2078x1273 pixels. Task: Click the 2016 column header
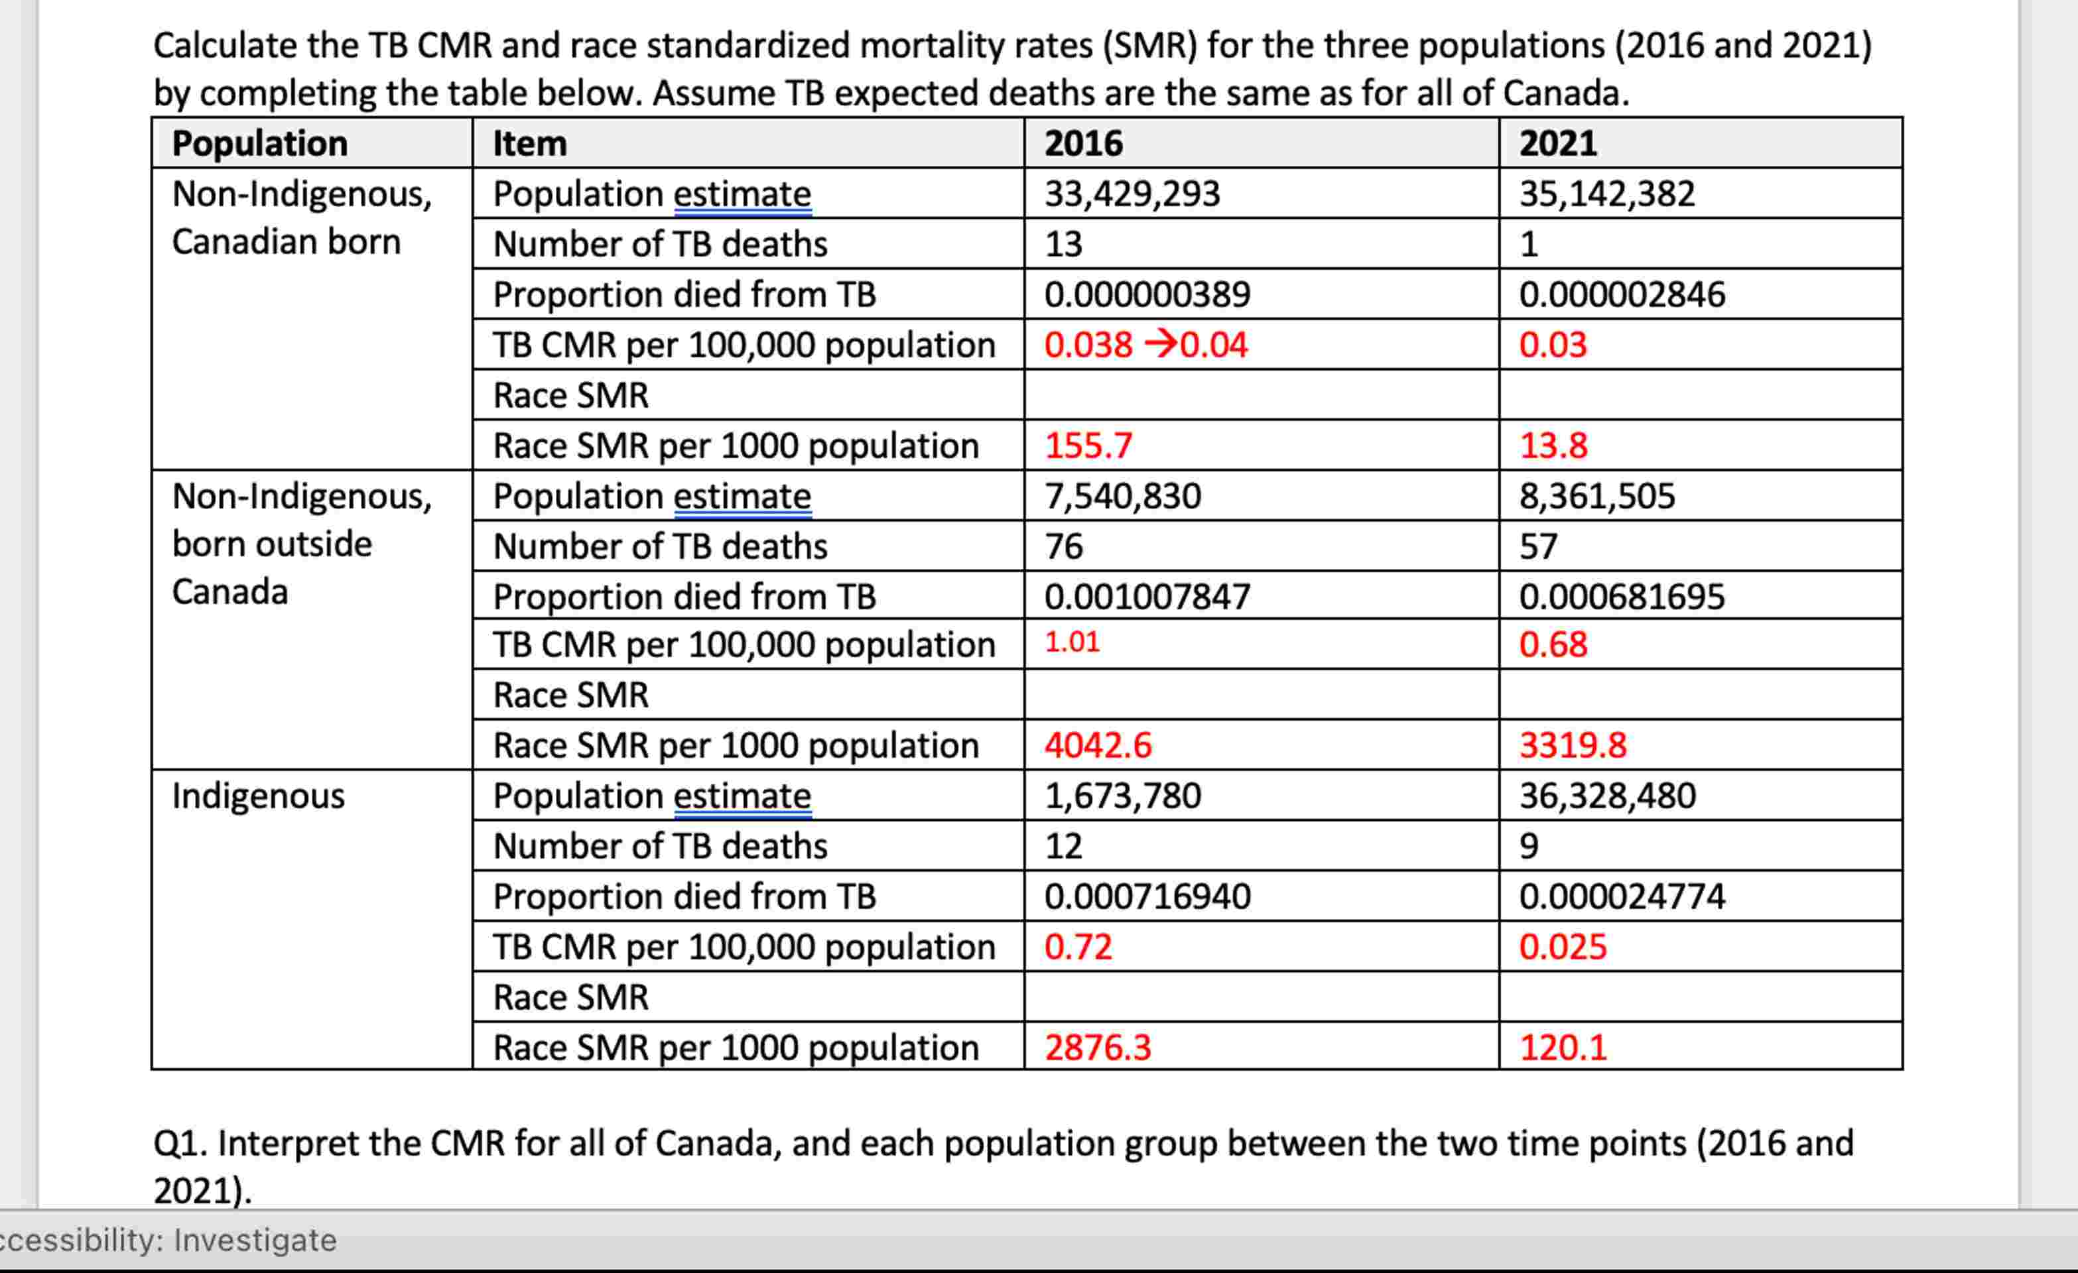coord(1083,143)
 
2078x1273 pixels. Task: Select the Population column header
coord(260,143)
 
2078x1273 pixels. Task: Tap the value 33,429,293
coord(1132,194)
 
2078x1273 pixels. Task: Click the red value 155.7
coord(1088,445)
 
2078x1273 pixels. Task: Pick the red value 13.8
coord(1553,445)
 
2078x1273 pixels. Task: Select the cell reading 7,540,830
coord(1122,496)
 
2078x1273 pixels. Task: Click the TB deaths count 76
coord(1063,546)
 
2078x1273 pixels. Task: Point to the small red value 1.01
coord(1072,642)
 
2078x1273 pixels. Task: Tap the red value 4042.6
coord(1097,745)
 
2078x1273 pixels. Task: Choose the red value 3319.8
coord(1573,745)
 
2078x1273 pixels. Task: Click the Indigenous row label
coord(258,796)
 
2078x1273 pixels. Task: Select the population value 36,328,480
coord(1607,796)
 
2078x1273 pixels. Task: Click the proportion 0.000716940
coord(1147,896)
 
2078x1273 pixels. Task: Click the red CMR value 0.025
coord(1563,947)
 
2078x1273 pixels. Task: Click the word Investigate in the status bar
coord(255,1240)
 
